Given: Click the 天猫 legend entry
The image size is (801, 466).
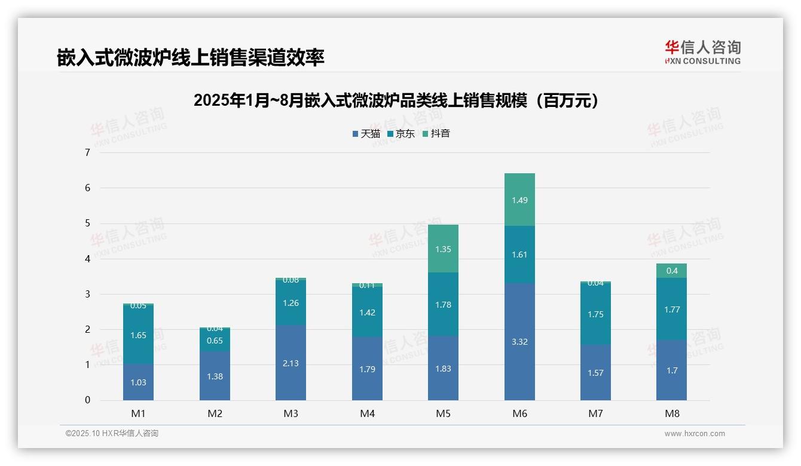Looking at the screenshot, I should pos(366,134).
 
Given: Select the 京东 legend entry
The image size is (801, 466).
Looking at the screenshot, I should pos(401,134).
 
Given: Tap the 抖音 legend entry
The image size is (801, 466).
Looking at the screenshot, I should pos(436,134).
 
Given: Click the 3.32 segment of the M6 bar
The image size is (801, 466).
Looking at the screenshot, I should pos(519,342).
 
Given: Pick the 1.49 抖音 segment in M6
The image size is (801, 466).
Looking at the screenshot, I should pos(519,200).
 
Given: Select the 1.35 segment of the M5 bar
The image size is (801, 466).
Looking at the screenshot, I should pos(443,249).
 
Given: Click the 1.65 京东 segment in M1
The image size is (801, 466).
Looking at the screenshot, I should pos(138,335).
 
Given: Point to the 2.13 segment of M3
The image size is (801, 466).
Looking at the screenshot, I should pos(291,363).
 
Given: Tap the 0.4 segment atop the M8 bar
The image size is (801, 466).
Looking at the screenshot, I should pos(671,271).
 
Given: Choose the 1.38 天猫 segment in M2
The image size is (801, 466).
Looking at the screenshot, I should pos(215,376).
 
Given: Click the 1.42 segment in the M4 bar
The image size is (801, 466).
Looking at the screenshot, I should pos(367,312).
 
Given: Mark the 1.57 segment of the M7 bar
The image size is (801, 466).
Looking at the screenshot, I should pos(595,372).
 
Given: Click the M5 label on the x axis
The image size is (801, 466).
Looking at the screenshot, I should pos(443,413).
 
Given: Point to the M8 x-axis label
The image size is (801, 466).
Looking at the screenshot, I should pos(672,413).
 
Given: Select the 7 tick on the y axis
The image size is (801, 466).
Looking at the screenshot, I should pos(87,152).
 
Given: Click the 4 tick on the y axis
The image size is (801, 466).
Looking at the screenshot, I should pos(87,259).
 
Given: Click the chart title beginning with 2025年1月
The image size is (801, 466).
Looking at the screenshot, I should pos(396,100).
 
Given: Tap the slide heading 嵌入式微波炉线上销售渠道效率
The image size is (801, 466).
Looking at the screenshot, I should pos(191,57).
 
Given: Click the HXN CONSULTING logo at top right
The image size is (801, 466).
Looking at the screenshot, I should pos(702,52).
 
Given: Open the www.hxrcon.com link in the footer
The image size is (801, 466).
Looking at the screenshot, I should pos(695,434).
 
